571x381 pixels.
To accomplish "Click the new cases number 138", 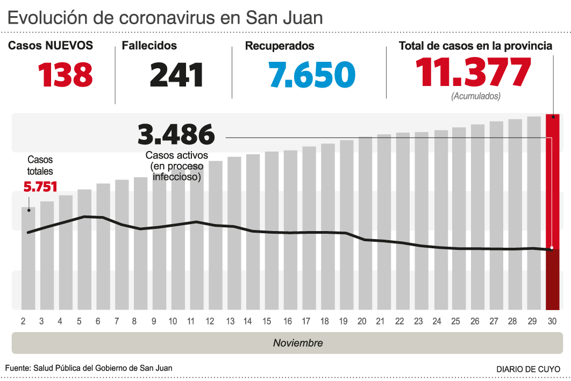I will coord(66,75).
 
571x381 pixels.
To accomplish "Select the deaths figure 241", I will coord(176,75).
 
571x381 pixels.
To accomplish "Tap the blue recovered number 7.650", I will coord(312,75).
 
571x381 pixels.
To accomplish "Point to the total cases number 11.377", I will coord(473,72).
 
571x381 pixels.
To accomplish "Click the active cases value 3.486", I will coord(176,134).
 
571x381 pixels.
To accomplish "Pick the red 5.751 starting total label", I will coord(40,187).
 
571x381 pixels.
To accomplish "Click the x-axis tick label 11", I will coord(190,321).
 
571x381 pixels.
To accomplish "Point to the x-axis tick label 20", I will coord(362,321).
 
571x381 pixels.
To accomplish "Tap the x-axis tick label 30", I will coord(552,321).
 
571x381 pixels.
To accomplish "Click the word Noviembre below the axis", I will coord(298,343).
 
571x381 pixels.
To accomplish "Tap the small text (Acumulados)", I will coord(476,96).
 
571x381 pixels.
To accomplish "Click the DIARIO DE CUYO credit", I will coord(528,369).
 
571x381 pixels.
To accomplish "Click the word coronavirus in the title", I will coord(162,18).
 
